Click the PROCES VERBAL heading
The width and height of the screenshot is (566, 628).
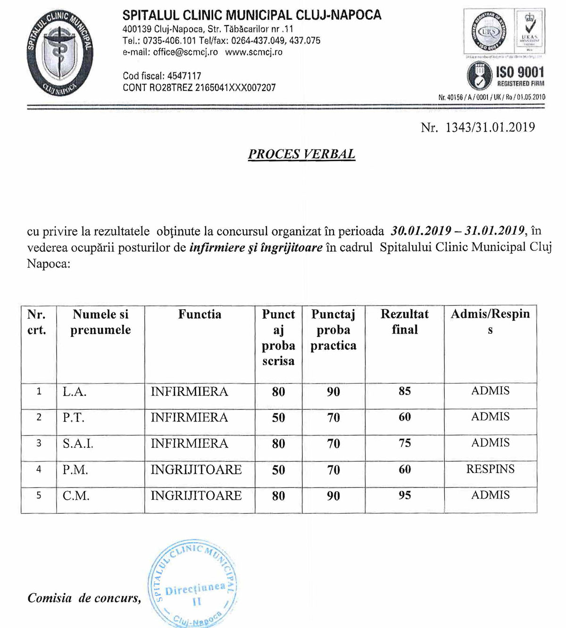tap(301, 154)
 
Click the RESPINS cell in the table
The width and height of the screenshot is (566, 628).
tap(490, 469)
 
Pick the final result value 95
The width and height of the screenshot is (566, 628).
tap(405, 495)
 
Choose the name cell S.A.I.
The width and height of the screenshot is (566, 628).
tap(78, 444)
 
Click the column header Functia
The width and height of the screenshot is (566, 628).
tap(200, 314)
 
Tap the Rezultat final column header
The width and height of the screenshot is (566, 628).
tap(405, 322)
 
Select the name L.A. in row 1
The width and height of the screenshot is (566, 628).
tap(75, 392)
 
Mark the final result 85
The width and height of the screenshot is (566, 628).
tap(405, 391)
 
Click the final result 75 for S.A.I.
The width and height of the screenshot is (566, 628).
tap(405, 443)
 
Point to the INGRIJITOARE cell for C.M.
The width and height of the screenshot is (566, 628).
tap(196, 496)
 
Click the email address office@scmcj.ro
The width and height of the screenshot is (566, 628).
tap(185, 52)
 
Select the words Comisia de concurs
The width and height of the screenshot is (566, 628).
tap(84, 598)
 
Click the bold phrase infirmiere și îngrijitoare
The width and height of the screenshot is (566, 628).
tap(256, 248)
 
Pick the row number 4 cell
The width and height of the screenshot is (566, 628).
tap(39, 469)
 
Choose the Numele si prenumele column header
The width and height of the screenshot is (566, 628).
tap(100, 322)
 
